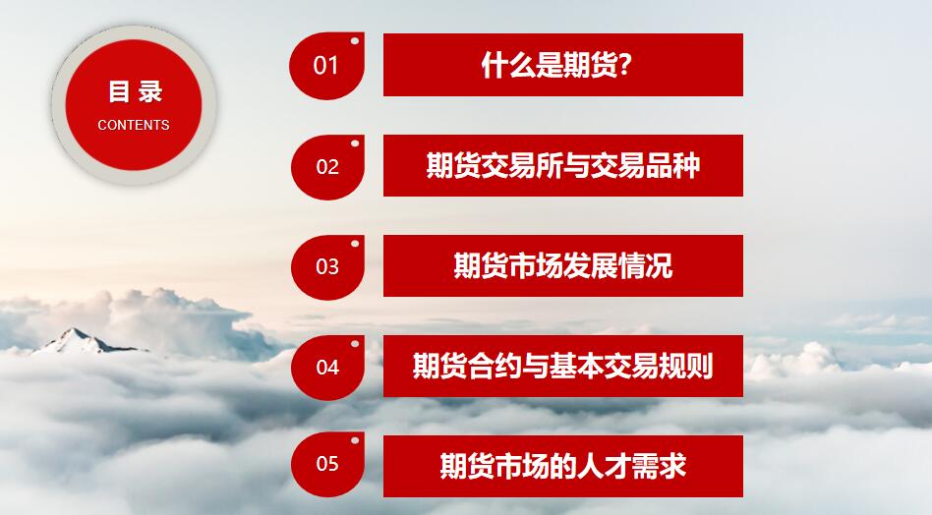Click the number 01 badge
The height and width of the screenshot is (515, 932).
coord(327,66)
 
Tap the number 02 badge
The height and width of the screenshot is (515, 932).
coord(327,167)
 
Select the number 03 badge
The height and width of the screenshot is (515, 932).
coord(327,267)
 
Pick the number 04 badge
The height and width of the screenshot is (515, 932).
coord(327,368)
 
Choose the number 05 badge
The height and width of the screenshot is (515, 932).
coord(327,464)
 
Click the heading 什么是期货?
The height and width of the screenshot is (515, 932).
coord(556,65)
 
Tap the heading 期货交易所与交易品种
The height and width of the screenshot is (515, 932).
coord(563,165)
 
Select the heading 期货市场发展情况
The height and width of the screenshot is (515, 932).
coord(563,265)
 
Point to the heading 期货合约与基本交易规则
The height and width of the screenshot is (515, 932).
coord(563,366)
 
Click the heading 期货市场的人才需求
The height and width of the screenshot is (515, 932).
coord(563,466)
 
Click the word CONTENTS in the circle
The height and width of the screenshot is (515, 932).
coord(134,126)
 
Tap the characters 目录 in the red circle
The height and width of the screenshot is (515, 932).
coord(135,92)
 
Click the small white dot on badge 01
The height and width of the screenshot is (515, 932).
coord(355,41)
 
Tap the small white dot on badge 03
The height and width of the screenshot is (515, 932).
coord(355,244)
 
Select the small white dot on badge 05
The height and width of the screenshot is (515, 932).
coord(355,440)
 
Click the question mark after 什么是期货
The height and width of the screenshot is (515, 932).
coord(624,65)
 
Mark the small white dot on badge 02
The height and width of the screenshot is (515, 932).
coord(355,143)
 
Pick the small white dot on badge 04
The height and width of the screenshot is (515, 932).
coord(355,343)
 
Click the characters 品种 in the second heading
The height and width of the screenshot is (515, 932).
coord(672,165)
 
